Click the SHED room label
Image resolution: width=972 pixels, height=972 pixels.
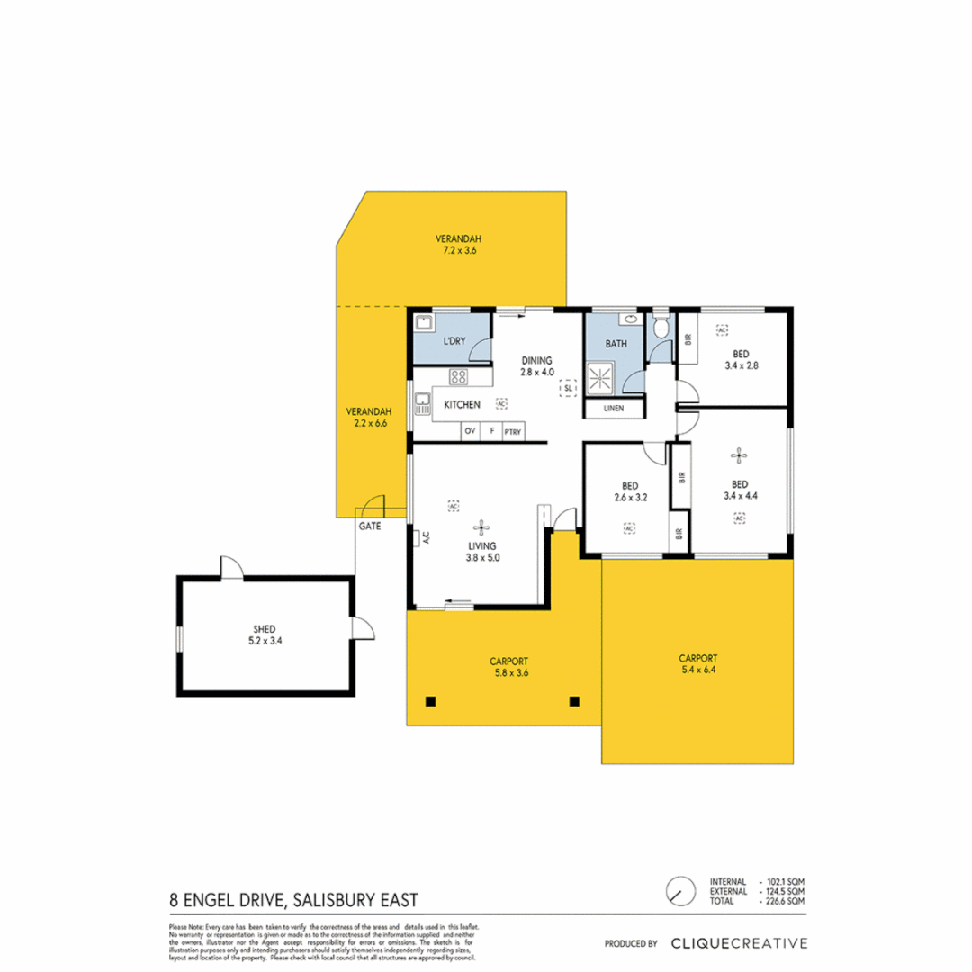[x=262, y=629]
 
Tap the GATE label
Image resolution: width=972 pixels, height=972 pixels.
[x=368, y=526]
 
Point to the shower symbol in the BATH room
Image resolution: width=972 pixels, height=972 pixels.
[x=599, y=377]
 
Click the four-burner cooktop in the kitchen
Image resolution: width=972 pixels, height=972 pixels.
[x=458, y=377]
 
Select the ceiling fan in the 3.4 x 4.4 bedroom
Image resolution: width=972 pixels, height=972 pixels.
[x=740, y=455]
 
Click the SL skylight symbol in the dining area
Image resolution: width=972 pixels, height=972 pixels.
[x=568, y=388]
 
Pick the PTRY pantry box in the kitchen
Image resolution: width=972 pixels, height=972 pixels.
[x=512, y=432]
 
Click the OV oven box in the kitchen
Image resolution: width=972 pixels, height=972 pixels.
[x=470, y=432]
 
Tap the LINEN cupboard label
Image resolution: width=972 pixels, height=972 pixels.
[x=614, y=409]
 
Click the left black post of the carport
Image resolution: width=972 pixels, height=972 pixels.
[x=430, y=701]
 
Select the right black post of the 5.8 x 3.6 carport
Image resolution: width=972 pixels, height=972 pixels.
[x=574, y=701]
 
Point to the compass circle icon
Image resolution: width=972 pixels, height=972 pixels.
[x=680, y=891]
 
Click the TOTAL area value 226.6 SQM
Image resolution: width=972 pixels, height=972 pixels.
[x=784, y=901]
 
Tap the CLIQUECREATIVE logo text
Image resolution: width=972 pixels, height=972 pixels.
[x=739, y=943]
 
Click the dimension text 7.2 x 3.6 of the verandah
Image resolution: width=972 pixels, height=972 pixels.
[x=458, y=251]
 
